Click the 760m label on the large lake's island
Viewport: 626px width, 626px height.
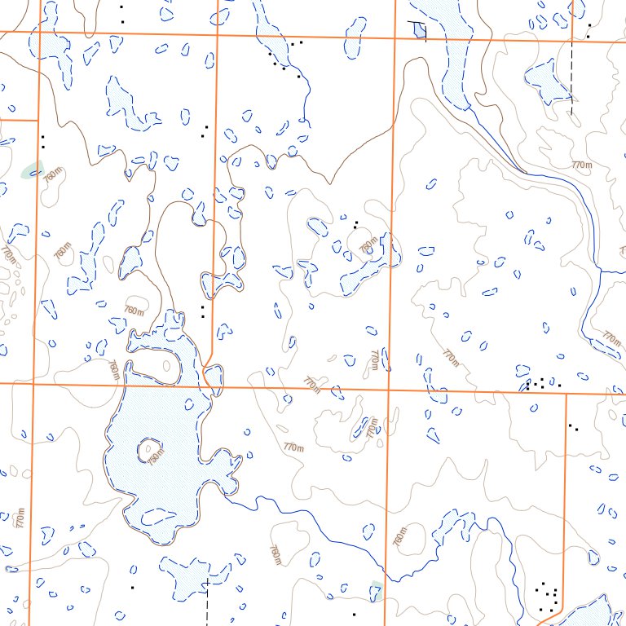coord(156,454)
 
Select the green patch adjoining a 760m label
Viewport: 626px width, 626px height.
coord(33,170)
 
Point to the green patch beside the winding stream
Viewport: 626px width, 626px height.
coord(376,590)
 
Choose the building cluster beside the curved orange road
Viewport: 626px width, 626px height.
coord(548,598)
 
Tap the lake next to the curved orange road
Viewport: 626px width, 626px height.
coord(583,612)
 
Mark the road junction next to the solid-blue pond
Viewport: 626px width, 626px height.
coord(395,37)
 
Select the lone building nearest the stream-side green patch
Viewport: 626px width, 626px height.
coord(354,614)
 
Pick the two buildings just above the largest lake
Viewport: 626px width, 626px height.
coord(202,311)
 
